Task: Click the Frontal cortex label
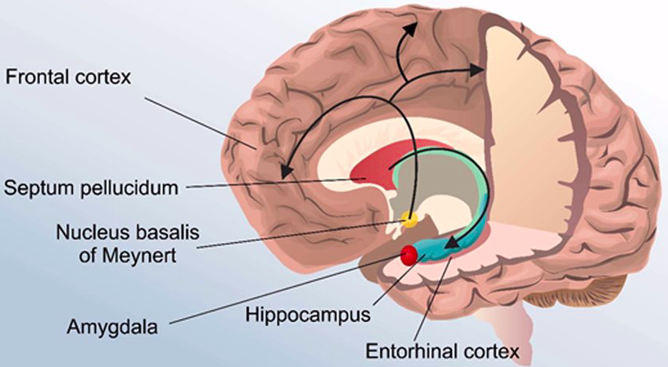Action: click(x=68, y=78)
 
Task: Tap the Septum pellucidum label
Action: click(x=89, y=189)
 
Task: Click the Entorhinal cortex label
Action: click(x=442, y=351)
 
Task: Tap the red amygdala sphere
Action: click(x=410, y=256)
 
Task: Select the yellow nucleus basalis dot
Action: click(x=410, y=217)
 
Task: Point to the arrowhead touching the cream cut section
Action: click(x=476, y=71)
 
